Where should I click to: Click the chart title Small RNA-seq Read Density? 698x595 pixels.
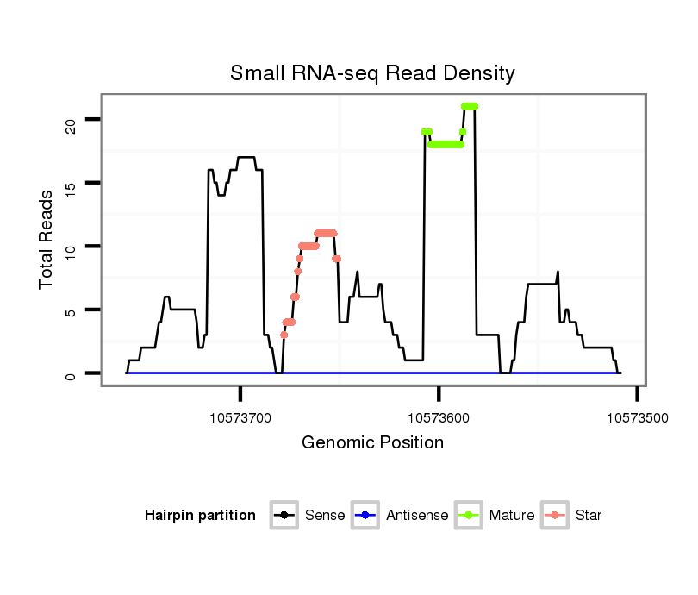tap(372, 73)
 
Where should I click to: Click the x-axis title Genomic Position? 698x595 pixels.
tap(372, 443)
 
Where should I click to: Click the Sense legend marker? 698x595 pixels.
tap(284, 516)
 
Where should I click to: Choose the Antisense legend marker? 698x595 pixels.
tap(365, 516)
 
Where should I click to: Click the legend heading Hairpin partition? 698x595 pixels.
tap(200, 516)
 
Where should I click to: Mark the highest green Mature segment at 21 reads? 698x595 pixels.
tap(470, 106)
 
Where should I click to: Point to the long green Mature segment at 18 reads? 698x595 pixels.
tap(446, 145)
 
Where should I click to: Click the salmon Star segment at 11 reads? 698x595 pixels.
tap(326, 233)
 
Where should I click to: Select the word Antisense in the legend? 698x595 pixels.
tap(417, 516)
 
